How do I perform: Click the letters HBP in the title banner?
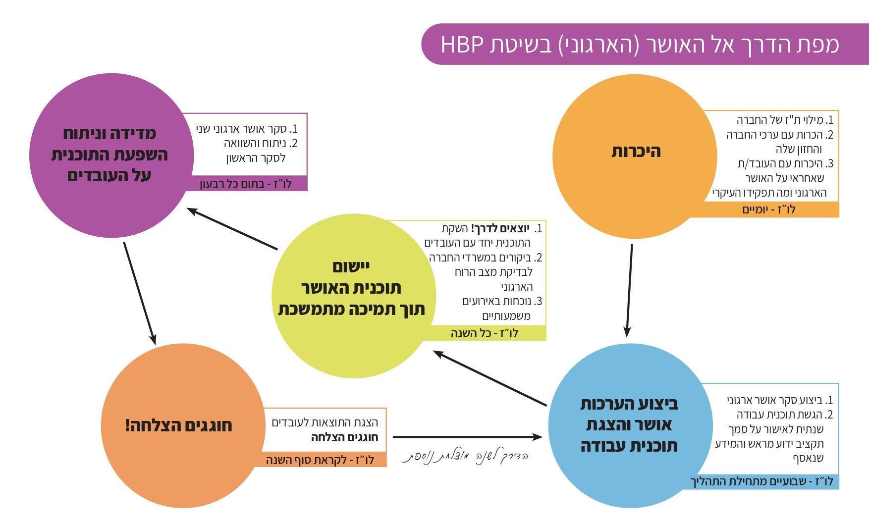point(462,44)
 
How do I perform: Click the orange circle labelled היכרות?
point(635,156)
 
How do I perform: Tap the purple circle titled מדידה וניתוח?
point(111,156)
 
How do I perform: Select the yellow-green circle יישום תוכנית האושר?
point(354,296)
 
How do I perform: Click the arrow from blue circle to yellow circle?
point(489,378)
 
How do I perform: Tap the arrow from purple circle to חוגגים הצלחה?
point(140,293)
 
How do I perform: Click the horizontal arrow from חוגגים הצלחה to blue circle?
point(468,437)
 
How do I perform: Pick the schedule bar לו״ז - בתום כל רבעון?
point(246,184)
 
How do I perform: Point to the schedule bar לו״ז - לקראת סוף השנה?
point(324,460)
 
